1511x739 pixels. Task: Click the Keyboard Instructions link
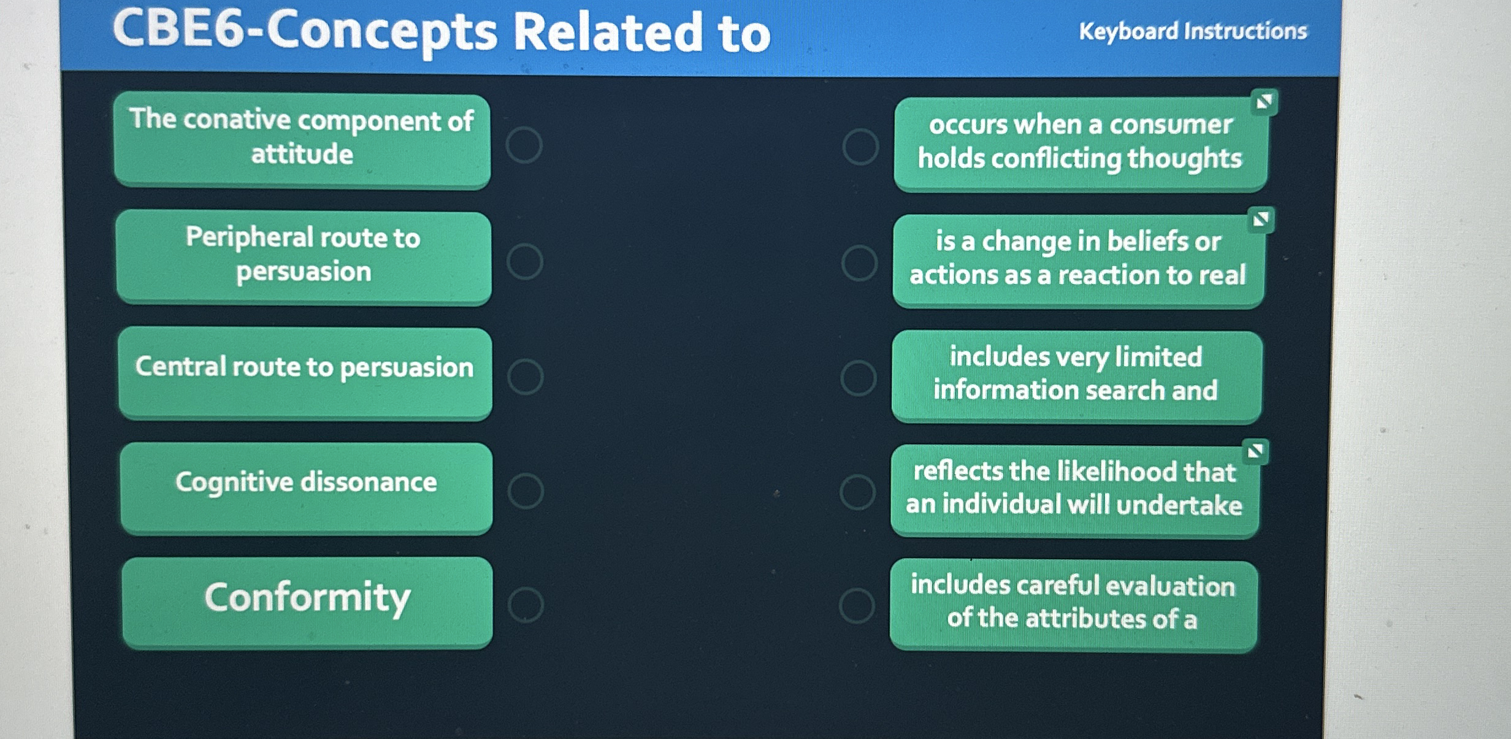1193,31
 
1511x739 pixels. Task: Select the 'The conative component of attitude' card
302,140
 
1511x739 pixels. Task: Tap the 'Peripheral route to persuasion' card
304,258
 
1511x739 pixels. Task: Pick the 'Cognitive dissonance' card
306,488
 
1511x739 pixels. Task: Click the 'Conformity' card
307,602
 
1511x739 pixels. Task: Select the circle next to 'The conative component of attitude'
524,145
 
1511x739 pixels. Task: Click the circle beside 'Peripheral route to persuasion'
525,262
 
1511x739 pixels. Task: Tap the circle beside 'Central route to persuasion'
526,376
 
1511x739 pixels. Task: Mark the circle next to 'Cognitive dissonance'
526,491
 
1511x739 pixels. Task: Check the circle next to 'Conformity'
526,605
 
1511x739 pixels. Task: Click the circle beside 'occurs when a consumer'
860,147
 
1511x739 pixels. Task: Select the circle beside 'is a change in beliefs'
859,262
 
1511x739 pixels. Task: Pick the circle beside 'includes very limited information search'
859,377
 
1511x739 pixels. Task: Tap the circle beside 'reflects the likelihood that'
857,491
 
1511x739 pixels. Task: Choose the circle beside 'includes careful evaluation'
857,605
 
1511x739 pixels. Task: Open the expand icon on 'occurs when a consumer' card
1264,102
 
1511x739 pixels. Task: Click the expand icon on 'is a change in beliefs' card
1261,220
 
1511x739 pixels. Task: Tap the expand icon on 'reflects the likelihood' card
1255,452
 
